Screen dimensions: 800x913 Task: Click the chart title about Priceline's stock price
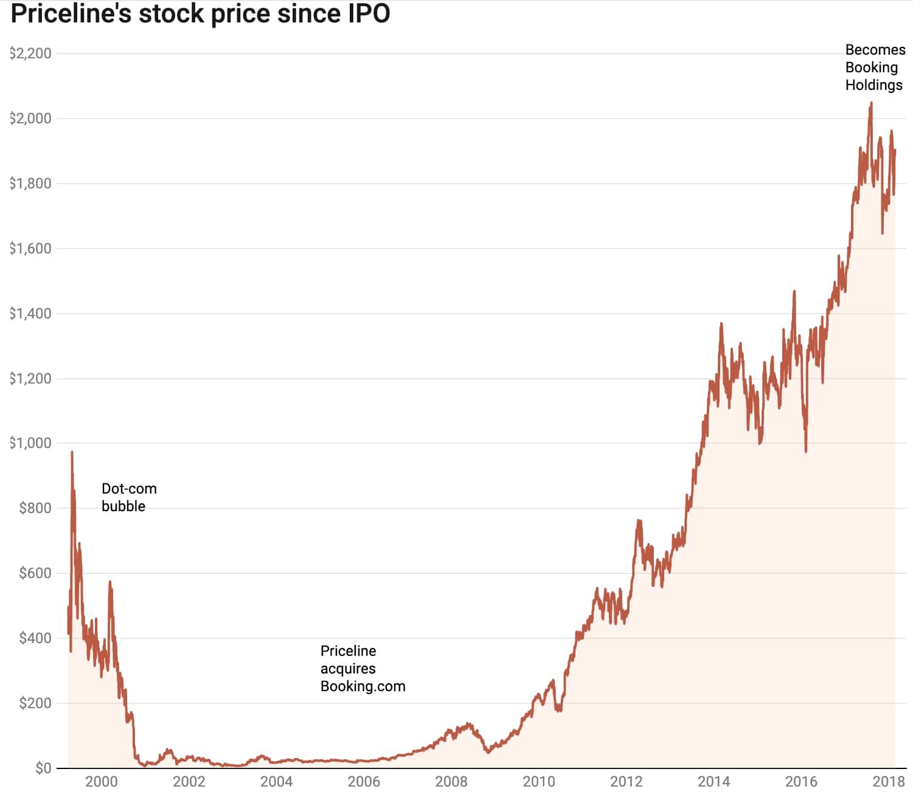pyautogui.click(x=200, y=13)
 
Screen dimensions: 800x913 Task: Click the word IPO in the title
pyautogui.click(x=369, y=13)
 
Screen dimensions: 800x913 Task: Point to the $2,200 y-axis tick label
pyautogui.click(x=30, y=53)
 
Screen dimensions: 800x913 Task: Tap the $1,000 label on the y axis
pyautogui.click(x=30, y=443)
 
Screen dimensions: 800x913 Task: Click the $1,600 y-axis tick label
pyautogui.click(x=30, y=249)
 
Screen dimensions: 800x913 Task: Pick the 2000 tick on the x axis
pyautogui.click(x=102, y=782)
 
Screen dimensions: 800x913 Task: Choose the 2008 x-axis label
pyautogui.click(x=451, y=782)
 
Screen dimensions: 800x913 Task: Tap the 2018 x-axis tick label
pyautogui.click(x=889, y=782)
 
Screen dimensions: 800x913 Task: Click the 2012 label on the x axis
pyautogui.click(x=627, y=782)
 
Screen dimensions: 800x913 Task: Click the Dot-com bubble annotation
pyautogui.click(x=129, y=497)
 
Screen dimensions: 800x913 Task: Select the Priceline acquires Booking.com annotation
pyautogui.click(x=363, y=669)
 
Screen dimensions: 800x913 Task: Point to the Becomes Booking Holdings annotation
pyautogui.click(x=875, y=67)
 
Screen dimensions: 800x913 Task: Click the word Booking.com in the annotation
pyautogui.click(x=363, y=686)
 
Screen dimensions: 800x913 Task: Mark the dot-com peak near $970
pyautogui.click(x=72, y=453)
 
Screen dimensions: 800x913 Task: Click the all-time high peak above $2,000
pyautogui.click(x=871, y=103)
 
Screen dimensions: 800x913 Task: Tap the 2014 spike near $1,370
pyautogui.click(x=721, y=324)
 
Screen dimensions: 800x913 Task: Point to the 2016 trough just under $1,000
pyautogui.click(x=806, y=450)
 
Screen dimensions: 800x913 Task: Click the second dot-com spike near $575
pyautogui.click(x=110, y=582)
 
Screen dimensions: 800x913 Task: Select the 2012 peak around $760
pyautogui.click(x=639, y=521)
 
